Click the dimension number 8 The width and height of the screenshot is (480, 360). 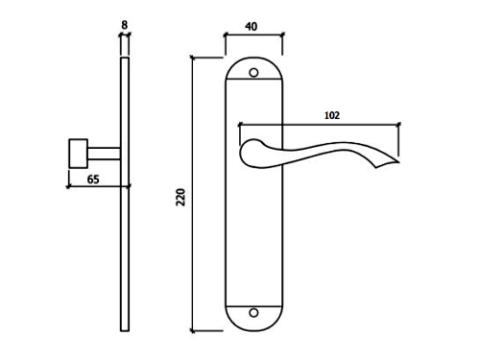coord(125,25)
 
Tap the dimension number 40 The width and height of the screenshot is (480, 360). coord(252,27)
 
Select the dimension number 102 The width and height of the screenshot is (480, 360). coord(332,115)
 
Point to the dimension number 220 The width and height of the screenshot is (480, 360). coord(180,197)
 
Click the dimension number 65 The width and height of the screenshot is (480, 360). coord(93,180)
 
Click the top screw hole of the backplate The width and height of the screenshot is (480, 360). coord(253,73)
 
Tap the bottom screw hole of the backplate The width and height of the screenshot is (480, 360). coord(253,313)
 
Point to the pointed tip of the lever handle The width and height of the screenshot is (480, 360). coord(398,162)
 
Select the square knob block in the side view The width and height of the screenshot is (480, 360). coord(79,154)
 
